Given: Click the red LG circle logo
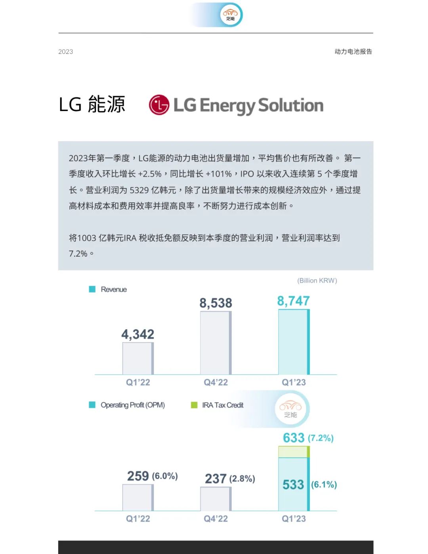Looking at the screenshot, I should (159, 105).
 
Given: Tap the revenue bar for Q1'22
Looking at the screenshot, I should (138, 358).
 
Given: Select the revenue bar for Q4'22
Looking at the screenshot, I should (216, 343).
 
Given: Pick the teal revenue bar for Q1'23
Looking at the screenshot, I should (294, 342).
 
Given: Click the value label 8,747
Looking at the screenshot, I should (293, 301).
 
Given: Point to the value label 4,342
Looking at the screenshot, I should (138, 334).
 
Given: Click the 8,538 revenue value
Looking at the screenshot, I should (216, 303).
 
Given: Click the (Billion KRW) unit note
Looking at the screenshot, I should (317, 281).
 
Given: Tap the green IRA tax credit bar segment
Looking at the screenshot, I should (294, 452).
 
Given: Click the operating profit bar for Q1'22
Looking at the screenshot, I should (138, 497).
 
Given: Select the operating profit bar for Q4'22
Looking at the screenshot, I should (216, 499).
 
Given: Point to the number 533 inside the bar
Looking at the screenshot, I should (293, 485).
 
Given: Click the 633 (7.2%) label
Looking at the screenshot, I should (308, 438).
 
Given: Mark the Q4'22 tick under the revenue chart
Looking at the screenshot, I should (216, 383).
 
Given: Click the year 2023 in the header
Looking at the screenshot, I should (66, 52).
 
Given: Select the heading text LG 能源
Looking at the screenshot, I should (92, 105).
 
